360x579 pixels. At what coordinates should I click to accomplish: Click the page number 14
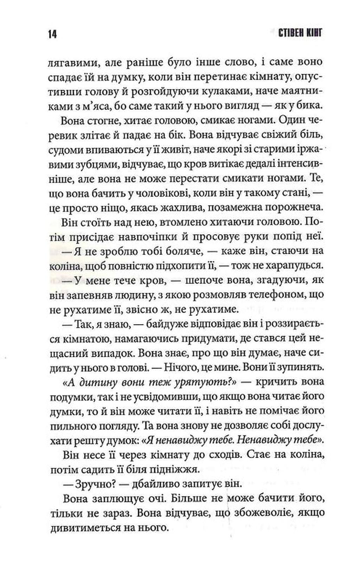(52, 34)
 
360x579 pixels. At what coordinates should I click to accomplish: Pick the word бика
(311, 106)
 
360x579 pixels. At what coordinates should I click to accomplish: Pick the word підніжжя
(181, 469)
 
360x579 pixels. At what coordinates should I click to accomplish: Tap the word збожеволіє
(259, 513)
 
